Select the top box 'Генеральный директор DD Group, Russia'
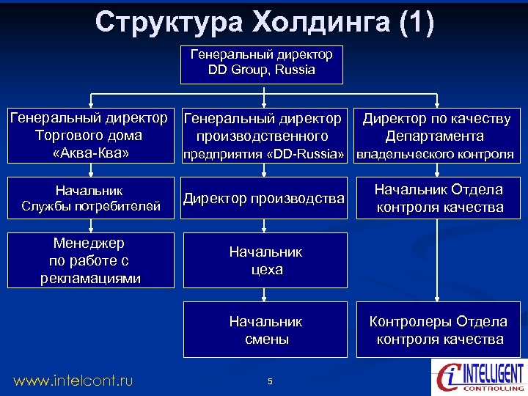(262, 65)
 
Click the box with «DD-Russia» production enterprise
(263, 136)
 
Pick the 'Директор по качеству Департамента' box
(437, 136)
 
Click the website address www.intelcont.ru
(73, 380)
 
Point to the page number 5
(270, 381)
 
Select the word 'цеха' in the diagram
(265, 270)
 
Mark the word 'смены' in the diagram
(265, 340)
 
